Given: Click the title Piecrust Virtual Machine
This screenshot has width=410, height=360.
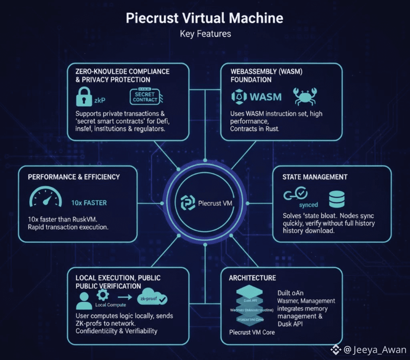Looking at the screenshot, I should click(x=205, y=18).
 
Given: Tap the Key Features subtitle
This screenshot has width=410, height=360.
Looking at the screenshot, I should click(x=205, y=34).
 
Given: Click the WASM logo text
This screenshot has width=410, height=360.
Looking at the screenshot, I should click(x=257, y=97).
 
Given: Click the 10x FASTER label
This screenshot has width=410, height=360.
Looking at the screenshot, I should click(x=89, y=203).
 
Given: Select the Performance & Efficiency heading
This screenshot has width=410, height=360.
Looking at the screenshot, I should click(x=74, y=177).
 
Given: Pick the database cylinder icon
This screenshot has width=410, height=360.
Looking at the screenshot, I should click(x=336, y=198).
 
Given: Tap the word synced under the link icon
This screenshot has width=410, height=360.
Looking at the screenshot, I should click(x=309, y=205).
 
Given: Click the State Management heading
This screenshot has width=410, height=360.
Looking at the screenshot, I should click(x=315, y=177).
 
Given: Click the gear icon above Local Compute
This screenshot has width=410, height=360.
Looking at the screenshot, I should click(x=102, y=295).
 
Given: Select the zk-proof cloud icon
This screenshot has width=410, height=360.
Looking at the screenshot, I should click(x=154, y=298).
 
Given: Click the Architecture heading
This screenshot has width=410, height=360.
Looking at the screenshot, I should click(x=252, y=278).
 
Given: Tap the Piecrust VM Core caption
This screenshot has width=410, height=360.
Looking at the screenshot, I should click(x=252, y=332).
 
